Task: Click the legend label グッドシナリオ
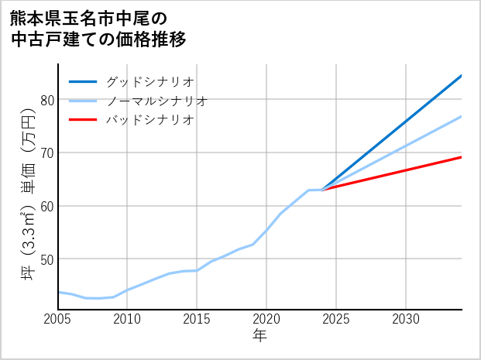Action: pyautogui.click(x=149, y=81)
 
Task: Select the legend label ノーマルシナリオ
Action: pyautogui.click(x=156, y=101)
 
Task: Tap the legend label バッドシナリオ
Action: pyautogui.click(x=149, y=120)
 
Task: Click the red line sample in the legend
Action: pyautogui.click(x=83, y=120)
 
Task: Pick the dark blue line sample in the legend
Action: pyautogui.click(x=83, y=81)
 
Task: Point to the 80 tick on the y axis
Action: pyautogui.click(x=46, y=100)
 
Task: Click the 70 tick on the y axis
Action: pyautogui.click(x=46, y=153)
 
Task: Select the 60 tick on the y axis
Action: pyautogui.click(x=46, y=206)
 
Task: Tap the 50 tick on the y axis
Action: pyautogui.click(x=46, y=259)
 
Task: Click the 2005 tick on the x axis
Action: pyautogui.click(x=58, y=319)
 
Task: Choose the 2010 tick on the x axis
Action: pyautogui.click(x=127, y=319)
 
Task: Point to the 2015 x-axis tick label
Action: pyautogui.click(x=197, y=319)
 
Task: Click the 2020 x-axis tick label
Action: pyautogui.click(x=266, y=319)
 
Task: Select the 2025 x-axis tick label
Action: pyautogui.click(x=336, y=319)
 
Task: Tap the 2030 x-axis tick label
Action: pyautogui.click(x=406, y=319)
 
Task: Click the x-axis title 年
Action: pyautogui.click(x=259, y=336)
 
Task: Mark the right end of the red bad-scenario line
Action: pyautogui.click(x=461, y=157)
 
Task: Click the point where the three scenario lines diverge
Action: pyautogui.click(x=323, y=190)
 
